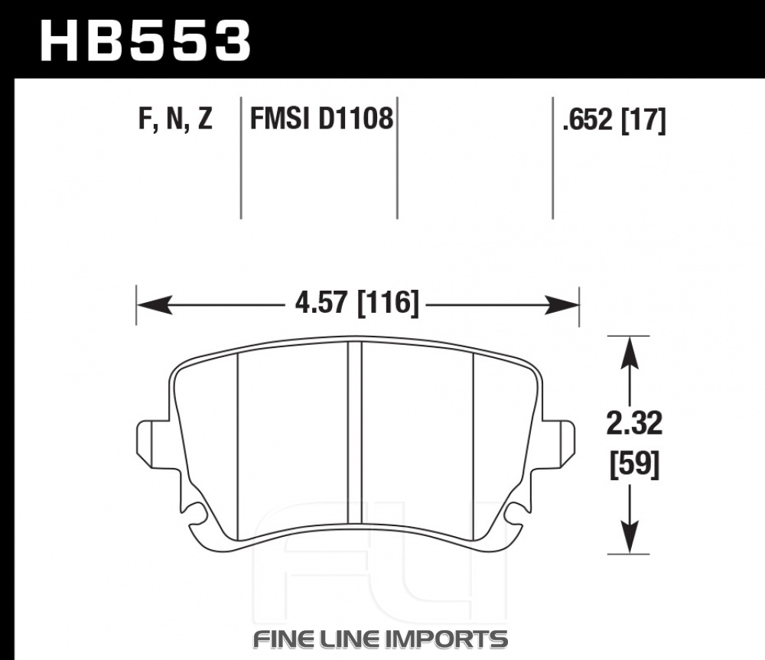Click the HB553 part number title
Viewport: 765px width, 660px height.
coord(145,41)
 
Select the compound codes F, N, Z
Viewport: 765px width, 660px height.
coord(176,119)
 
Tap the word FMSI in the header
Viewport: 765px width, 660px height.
coord(280,119)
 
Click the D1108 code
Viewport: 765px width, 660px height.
coord(356,119)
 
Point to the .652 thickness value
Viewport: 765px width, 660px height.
coord(587,119)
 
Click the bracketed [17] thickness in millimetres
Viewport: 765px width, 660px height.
coord(643,120)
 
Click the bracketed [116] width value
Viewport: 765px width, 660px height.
coord(389,303)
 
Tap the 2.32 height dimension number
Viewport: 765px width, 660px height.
coord(634,424)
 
